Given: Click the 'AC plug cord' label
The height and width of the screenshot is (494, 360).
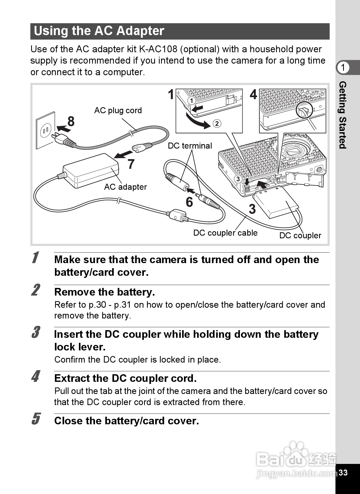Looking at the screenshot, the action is pyautogui.click(x=118, y=110).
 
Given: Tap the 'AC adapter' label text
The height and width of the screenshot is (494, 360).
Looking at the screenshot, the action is pyautogui.click(x=125, y=187).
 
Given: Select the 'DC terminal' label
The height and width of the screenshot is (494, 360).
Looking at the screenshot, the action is pyautogui.click(x=190, y=146).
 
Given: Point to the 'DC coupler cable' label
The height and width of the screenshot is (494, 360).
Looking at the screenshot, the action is pyautogui.click(x=225, y=233).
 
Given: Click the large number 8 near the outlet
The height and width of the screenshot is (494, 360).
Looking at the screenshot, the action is pyautogui.click(x=71, y=122).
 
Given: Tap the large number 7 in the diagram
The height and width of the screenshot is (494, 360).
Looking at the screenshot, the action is pyautogui.click(x=131, y=164).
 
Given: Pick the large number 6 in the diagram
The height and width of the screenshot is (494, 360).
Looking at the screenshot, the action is pyautogui.click(x=189, y=202).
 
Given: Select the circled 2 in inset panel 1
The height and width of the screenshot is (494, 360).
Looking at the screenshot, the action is pyautogui.click(x=217, y=123).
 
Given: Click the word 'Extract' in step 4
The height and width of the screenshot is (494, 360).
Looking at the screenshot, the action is pyautogui.click(x=68, y=378).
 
